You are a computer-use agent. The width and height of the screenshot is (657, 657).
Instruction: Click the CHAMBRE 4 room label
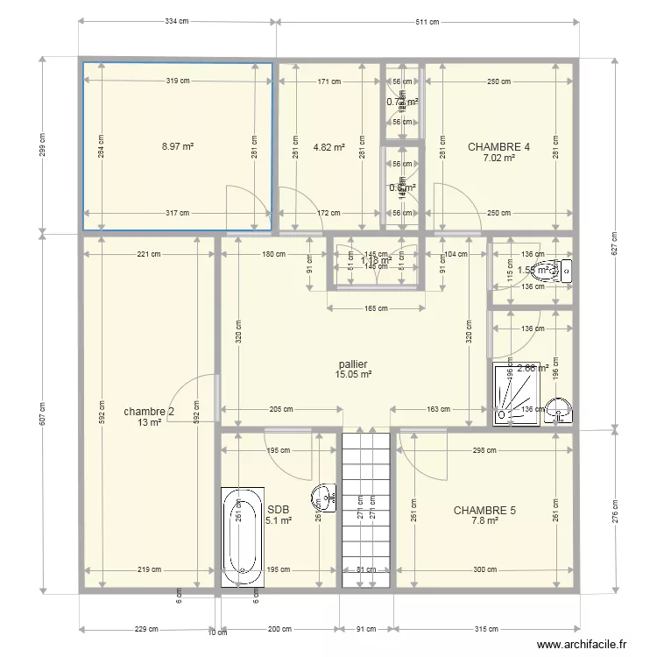(x=498, y=147)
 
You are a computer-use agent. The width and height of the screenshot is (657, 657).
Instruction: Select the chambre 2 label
(x=149, y=412)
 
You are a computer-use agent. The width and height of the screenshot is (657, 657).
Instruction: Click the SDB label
(x=278, y=509)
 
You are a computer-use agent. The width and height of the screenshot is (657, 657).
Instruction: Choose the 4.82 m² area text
(x=328, y=147)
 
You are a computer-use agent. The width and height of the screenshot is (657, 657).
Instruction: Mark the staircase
(x=365, y=508)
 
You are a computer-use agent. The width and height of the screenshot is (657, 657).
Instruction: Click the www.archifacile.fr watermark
(x=582, y=644)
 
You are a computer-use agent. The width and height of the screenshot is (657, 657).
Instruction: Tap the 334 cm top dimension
(x=177, y=22)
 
